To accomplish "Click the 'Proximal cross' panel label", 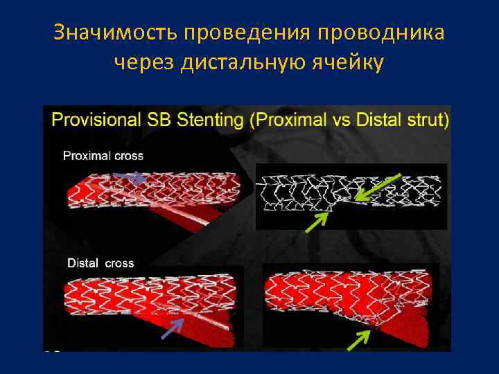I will click(x=103, y=156).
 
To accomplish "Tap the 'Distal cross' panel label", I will click(x=101, y=263).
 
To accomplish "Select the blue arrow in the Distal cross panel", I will click(x=173, y=328).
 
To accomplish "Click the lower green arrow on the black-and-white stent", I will click(x=317, y=220).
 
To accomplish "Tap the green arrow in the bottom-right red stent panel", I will click(x=358, y=339).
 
